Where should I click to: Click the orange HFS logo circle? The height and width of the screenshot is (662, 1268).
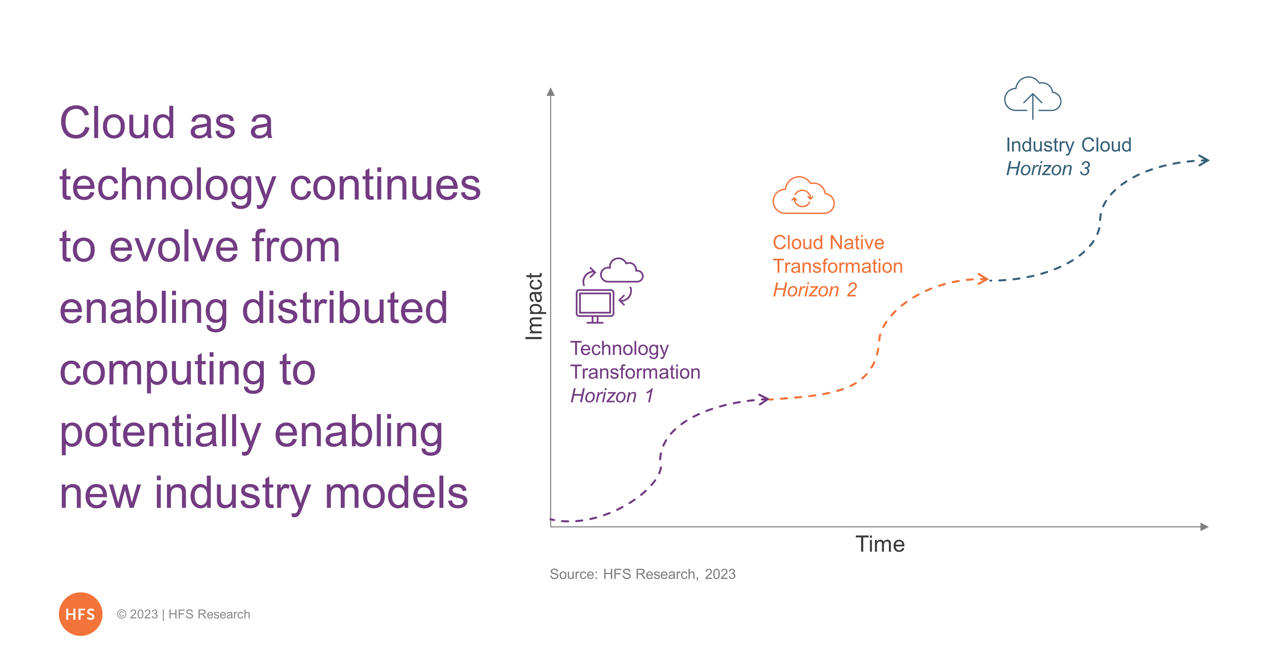coord(80,614)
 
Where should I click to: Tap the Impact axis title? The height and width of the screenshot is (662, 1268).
coord(534,306)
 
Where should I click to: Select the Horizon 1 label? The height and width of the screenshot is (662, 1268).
coord(612,396)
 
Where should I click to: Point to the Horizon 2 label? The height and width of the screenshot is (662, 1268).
coord(815,290)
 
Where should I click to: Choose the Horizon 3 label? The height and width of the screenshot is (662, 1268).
coord(1048,168)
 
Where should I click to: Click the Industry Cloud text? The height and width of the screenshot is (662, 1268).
coord(1069,145)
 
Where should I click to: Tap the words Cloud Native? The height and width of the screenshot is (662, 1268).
coord(828,242)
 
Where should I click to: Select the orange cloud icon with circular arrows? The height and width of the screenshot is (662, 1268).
coord(803,195)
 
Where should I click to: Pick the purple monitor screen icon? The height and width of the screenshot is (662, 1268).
coord(595,306)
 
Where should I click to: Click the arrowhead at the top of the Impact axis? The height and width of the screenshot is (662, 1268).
coord(551,92)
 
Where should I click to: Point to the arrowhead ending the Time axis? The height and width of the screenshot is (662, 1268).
coord(1204,527)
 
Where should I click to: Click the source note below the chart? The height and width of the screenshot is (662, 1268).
coord(642,574)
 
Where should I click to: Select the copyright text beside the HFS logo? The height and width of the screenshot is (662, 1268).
coord(183,614)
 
